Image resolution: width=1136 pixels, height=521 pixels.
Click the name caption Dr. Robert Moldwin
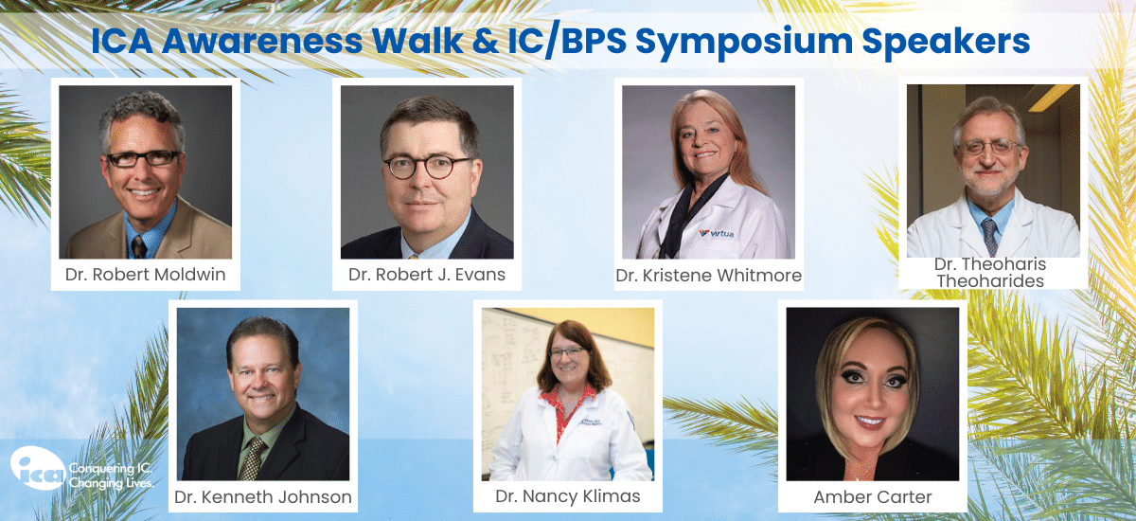(145, 275)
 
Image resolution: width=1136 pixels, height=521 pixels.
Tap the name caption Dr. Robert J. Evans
(427, 275)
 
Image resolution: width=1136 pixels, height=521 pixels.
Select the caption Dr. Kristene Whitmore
(708, 276)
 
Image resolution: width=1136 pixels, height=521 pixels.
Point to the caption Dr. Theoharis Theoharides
(990, 273)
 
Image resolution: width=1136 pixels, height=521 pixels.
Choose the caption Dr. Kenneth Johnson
(263, 496)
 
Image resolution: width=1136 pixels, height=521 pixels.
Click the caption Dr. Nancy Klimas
(567, 496)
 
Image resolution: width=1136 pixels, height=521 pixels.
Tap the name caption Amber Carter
(872, 497)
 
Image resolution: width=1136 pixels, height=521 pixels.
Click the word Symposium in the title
(744, 42)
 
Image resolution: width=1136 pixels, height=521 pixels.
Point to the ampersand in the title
(485, 41)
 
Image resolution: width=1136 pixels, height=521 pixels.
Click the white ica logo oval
(38, 468)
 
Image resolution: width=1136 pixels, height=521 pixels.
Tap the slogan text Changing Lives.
(111, 483)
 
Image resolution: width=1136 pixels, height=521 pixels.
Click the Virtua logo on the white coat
(716, 233)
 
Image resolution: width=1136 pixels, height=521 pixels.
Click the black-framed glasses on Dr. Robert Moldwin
(144, 159)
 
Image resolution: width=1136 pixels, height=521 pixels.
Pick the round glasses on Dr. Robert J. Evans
(426, 167)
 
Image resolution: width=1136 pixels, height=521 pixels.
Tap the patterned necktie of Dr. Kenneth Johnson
(252, 459)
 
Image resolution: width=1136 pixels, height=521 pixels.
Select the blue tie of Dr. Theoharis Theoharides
(989, 237)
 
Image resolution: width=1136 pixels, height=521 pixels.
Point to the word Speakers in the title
(946, 41)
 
